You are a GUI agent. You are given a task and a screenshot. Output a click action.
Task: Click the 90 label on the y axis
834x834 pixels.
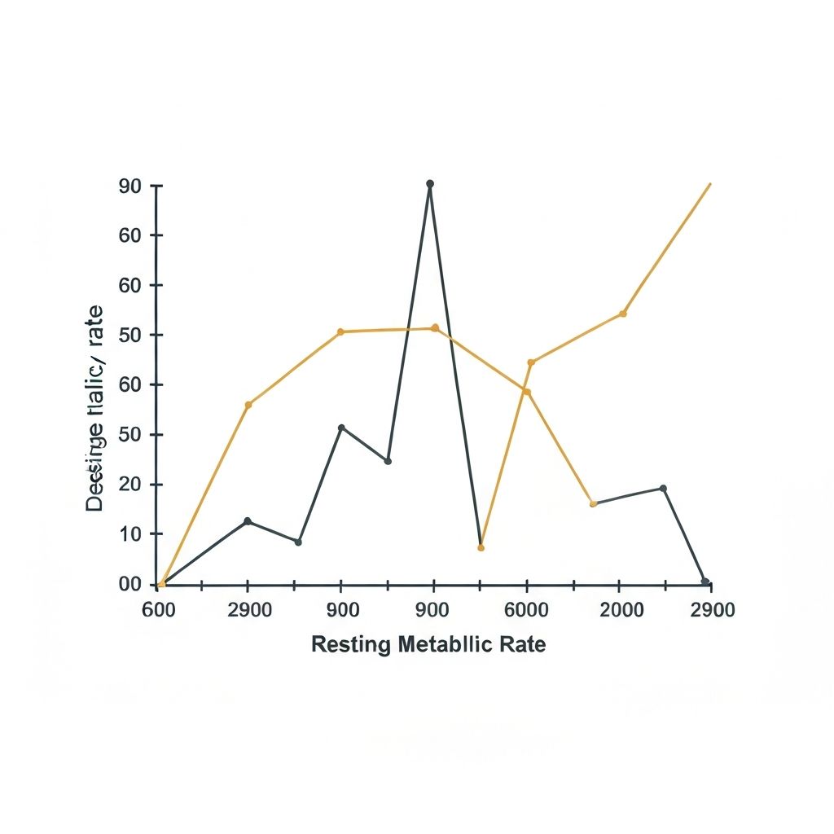[x=130, y=186]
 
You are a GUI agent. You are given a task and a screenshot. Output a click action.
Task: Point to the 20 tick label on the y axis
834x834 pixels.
[x=130, y=485]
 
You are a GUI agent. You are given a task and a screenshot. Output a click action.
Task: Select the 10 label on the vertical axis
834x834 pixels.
[x=130, y=534]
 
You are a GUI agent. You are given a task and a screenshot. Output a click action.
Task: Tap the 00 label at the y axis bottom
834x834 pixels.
[x=130, y=584]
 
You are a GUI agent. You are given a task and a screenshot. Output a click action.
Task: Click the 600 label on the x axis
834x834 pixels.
[x=158, y=611]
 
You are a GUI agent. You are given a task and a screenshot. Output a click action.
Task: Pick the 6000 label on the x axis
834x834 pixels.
[x=526, y=611]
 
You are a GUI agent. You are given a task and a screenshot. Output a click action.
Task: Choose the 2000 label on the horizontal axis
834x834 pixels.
[x=621, y=611]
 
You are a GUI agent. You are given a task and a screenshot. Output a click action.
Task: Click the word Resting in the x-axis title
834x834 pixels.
[x=351, y=645]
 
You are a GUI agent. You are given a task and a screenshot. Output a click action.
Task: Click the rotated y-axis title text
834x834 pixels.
[x=95, y=407]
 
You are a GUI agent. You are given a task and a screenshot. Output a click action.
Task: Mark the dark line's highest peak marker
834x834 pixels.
[x=430, y=184]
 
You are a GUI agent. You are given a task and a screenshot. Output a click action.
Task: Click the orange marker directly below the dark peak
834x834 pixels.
[x=434, y=327]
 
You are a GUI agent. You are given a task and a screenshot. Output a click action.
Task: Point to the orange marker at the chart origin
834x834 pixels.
[x=161, y=584]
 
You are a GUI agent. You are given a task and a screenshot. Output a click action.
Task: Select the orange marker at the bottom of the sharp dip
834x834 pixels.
[x=481, y=547]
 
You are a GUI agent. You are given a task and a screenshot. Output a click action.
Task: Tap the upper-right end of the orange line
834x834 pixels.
[x=710, y=184]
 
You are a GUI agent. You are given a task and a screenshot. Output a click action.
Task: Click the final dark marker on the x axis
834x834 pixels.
[x=705, y=582]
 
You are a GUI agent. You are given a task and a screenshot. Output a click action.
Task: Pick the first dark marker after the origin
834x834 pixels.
[x=248, y=521]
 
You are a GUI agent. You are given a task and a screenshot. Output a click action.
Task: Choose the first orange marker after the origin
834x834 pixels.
[x=248, y=405]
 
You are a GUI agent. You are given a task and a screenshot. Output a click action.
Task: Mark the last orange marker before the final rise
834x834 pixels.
[x=623, y=314]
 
